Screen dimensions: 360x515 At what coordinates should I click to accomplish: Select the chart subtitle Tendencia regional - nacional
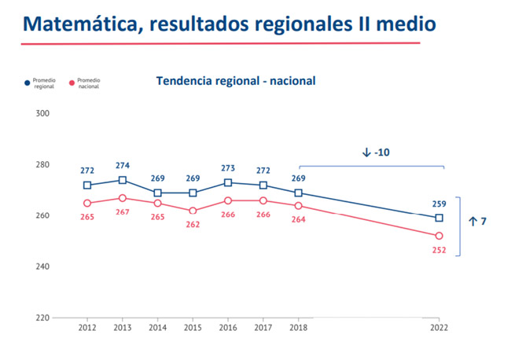[236, 80]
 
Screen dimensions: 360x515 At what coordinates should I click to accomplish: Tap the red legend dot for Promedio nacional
[72, 82]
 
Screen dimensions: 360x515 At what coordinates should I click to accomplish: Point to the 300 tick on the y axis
[43, 113]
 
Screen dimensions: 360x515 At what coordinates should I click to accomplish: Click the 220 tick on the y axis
[43, 318]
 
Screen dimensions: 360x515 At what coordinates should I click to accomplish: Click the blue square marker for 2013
[123, 180]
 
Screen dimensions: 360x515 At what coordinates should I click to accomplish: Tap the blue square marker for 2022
[440, 218]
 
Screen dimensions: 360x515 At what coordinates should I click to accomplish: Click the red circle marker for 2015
[193, 211]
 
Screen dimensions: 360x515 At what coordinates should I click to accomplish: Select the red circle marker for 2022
[440, 236]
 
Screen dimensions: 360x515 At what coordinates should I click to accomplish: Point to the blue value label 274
[123, 166]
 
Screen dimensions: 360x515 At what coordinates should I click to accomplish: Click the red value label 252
[439, 250]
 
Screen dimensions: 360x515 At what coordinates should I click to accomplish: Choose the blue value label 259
[439, 204]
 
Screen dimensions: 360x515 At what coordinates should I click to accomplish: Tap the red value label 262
[193, 224]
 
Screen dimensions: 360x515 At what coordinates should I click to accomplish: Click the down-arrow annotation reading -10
[376, 152]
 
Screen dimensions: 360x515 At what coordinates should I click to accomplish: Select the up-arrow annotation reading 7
[477, 222]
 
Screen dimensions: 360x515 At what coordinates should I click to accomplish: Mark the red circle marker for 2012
[87, 203]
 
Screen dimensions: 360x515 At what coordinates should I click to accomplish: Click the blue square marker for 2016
[228, 182]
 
